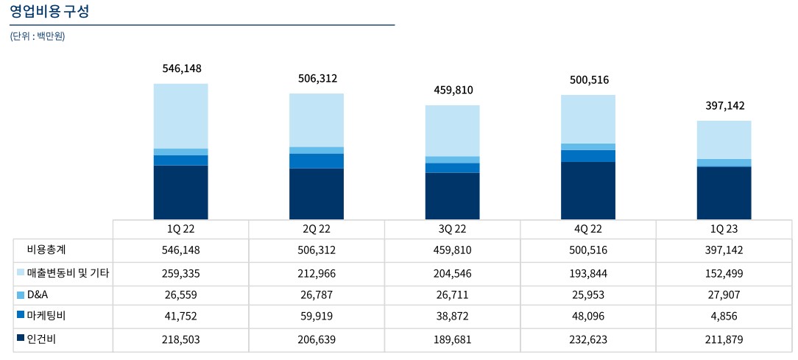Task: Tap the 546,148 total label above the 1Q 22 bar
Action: coord(181,68)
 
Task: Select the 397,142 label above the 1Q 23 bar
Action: coord(724,105)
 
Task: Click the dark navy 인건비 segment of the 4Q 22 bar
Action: coord(588,190)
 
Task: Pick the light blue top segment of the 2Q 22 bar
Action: coord(317,120)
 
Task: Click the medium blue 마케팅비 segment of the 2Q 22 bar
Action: coord(317,160)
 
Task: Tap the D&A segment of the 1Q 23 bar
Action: coord(724,163)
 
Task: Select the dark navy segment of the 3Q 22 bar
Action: coord(453,196)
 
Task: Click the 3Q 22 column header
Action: coord(452,229)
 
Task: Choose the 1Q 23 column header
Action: coord(724,229)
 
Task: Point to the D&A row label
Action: coord(37,294)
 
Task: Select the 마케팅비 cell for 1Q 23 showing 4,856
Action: coord(724,317)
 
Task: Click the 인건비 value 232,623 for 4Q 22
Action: coord(588,339)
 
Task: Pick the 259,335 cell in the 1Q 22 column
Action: coord(180,273)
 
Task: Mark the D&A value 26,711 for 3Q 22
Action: coord(452,295)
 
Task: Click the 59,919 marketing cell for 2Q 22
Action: coord(317,317)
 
